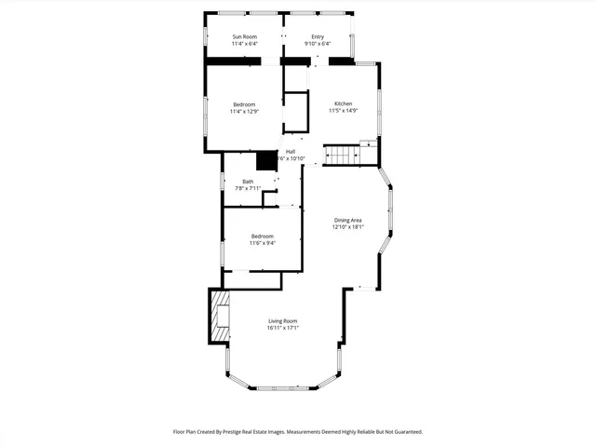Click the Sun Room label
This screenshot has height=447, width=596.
244,36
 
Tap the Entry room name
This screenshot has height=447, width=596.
318,36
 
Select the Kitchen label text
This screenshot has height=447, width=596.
342,103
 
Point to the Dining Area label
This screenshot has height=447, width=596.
348,220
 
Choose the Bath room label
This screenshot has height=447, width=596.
248,182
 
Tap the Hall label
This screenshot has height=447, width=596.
291,151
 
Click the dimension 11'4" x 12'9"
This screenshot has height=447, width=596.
244,112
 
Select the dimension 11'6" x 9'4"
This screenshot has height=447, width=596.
262,244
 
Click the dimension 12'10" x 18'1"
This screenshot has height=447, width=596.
348,227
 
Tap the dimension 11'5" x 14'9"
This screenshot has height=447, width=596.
342,111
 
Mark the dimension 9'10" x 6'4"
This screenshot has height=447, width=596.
318,44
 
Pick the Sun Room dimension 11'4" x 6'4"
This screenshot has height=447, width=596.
244,44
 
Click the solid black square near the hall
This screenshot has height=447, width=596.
267,160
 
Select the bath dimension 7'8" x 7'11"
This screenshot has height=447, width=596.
248,189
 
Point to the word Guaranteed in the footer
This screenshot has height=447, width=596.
402,432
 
